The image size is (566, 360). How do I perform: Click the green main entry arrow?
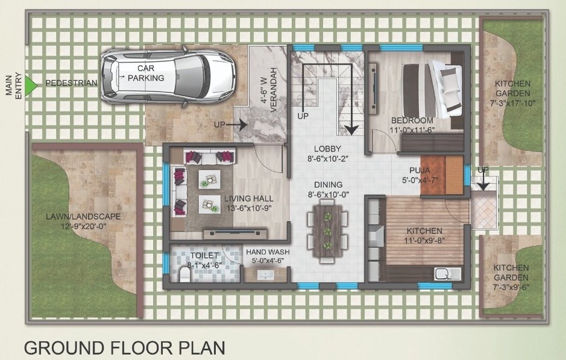32,83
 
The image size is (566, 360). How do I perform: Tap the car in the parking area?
167,77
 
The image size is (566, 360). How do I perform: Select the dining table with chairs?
327,231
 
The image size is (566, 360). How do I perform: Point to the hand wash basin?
265,275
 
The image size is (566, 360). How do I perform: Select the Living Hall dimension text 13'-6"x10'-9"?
249,209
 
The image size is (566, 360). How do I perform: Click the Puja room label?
420,170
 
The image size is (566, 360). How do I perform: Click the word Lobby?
327,149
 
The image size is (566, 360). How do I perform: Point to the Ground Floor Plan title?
124,348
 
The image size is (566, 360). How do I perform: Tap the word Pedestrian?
71,83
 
